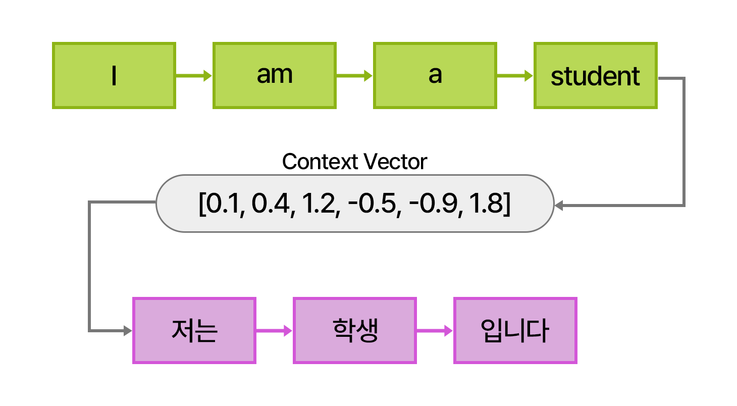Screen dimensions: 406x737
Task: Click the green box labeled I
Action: [x=114, y=76]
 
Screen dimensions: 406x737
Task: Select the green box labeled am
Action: [x=274, y=76]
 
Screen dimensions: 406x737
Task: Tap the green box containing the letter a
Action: [x=435, y=76]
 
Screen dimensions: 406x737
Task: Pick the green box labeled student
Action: [x=595, y=76]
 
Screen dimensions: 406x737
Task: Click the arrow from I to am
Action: [x=194, y=76]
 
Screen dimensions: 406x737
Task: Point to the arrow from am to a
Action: [x=354, y=76]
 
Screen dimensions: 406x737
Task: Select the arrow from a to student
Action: [x=515, y=76]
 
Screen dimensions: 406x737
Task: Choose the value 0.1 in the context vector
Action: [x=224, y=204]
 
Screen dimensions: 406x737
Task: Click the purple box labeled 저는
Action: [x=194, y=331]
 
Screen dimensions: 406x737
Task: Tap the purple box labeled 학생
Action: [x=355, y=331]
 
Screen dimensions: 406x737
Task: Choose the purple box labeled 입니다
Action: [x=515, y=331]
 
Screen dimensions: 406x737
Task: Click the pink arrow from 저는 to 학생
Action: [x=274, y=331]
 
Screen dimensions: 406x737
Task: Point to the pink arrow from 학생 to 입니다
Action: [x=435, y=331]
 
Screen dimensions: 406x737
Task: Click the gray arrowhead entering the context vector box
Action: [x=559, y=205]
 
